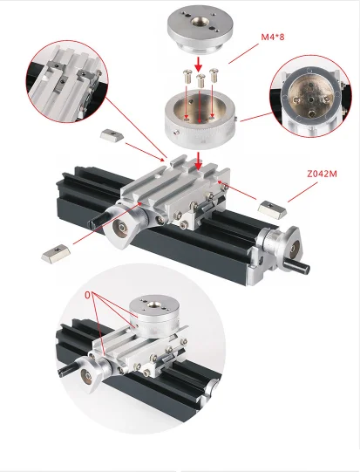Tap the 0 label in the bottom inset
click(88, 296)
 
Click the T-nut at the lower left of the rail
click(54, 253)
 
